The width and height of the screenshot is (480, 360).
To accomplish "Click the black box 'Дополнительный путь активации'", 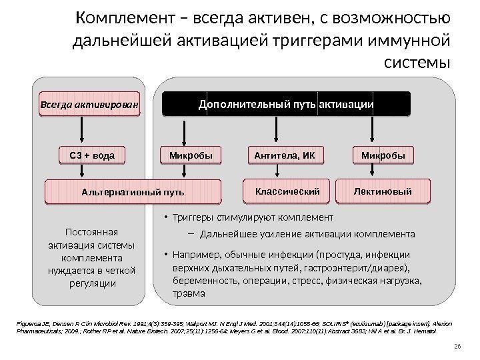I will [286, 105].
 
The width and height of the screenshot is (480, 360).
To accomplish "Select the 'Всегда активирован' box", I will [89, 105].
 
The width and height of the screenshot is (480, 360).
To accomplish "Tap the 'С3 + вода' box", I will [89, 157].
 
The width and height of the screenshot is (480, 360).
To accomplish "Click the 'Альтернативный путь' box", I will [133, 192].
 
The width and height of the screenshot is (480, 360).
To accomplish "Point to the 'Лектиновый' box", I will [383, 191].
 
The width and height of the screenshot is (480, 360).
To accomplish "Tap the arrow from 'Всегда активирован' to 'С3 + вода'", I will [89, 132].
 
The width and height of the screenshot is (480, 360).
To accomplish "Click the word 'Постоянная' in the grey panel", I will [88, 232].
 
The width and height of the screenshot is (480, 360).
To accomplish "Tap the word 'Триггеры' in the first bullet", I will [193, 217].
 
